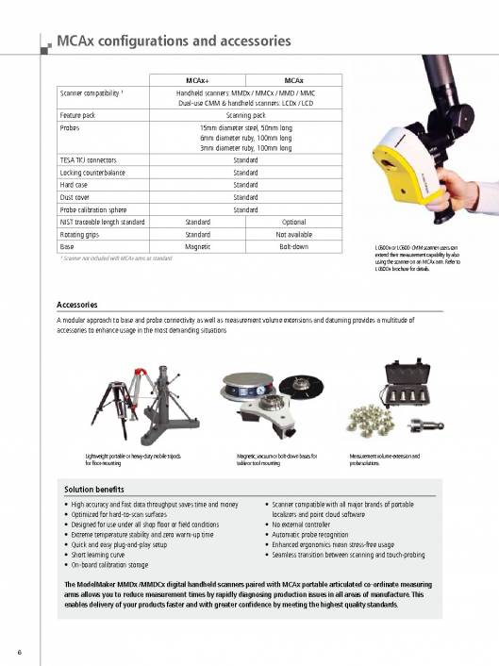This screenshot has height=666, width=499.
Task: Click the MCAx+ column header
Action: pyautogui.click(x=198, y=80)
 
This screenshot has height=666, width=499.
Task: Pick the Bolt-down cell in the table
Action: pyautogui.click(x=293, y=246)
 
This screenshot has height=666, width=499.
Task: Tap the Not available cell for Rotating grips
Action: pyautogui.click(x=293, y=233)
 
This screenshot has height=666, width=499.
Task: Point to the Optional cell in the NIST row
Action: pyautogui.click(x=293, y=221)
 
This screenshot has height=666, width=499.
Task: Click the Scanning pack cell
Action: pyautogui.click(x=245, y=114)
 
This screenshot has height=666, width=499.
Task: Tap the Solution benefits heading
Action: pyautogui.click(x=94, y=490)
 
